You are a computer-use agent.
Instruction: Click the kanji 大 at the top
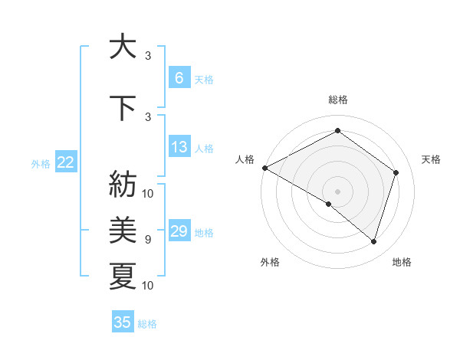123,47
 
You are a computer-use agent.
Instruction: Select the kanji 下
123,107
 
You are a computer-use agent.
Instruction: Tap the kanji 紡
123,184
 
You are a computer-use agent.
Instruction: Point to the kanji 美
123,228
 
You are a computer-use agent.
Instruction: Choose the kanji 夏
123,275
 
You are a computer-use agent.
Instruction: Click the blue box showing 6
179,78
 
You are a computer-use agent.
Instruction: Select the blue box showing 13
179,147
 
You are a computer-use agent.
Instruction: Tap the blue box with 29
179,232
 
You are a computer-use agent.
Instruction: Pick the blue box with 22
66,162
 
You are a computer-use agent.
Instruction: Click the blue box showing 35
123,322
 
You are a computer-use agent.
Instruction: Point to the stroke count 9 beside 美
147,240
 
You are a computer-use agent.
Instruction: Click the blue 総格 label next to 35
147,324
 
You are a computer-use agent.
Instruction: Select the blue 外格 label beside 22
41,163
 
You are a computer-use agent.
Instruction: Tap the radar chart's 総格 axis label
337,100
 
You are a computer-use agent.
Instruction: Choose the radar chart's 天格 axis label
431,159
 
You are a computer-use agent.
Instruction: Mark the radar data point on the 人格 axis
264,167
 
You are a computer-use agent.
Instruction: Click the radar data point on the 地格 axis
373,241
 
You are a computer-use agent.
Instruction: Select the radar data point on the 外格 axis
329,204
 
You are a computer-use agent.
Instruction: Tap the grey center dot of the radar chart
337,191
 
